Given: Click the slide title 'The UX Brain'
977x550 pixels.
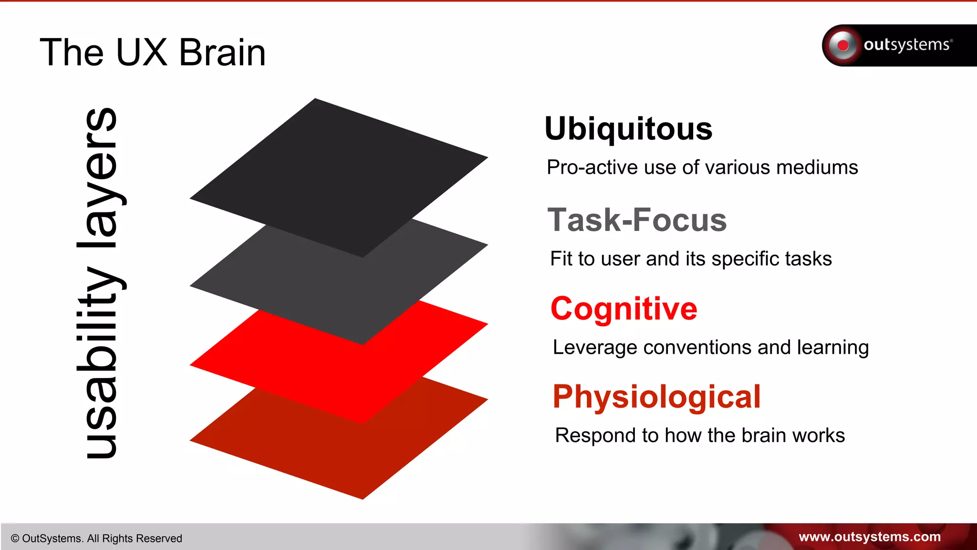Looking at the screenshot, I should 153,53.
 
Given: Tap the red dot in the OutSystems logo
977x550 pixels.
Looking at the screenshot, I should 843,45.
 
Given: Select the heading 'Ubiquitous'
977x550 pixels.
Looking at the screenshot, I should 628,129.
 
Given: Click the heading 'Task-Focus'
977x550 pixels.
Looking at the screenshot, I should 637,220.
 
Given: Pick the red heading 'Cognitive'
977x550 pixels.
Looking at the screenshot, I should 624,308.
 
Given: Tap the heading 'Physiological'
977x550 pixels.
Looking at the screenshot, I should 656,397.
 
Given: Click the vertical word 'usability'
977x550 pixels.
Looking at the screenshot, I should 100,363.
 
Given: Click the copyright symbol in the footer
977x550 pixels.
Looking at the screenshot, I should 15,539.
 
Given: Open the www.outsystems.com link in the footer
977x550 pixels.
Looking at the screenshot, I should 869,537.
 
